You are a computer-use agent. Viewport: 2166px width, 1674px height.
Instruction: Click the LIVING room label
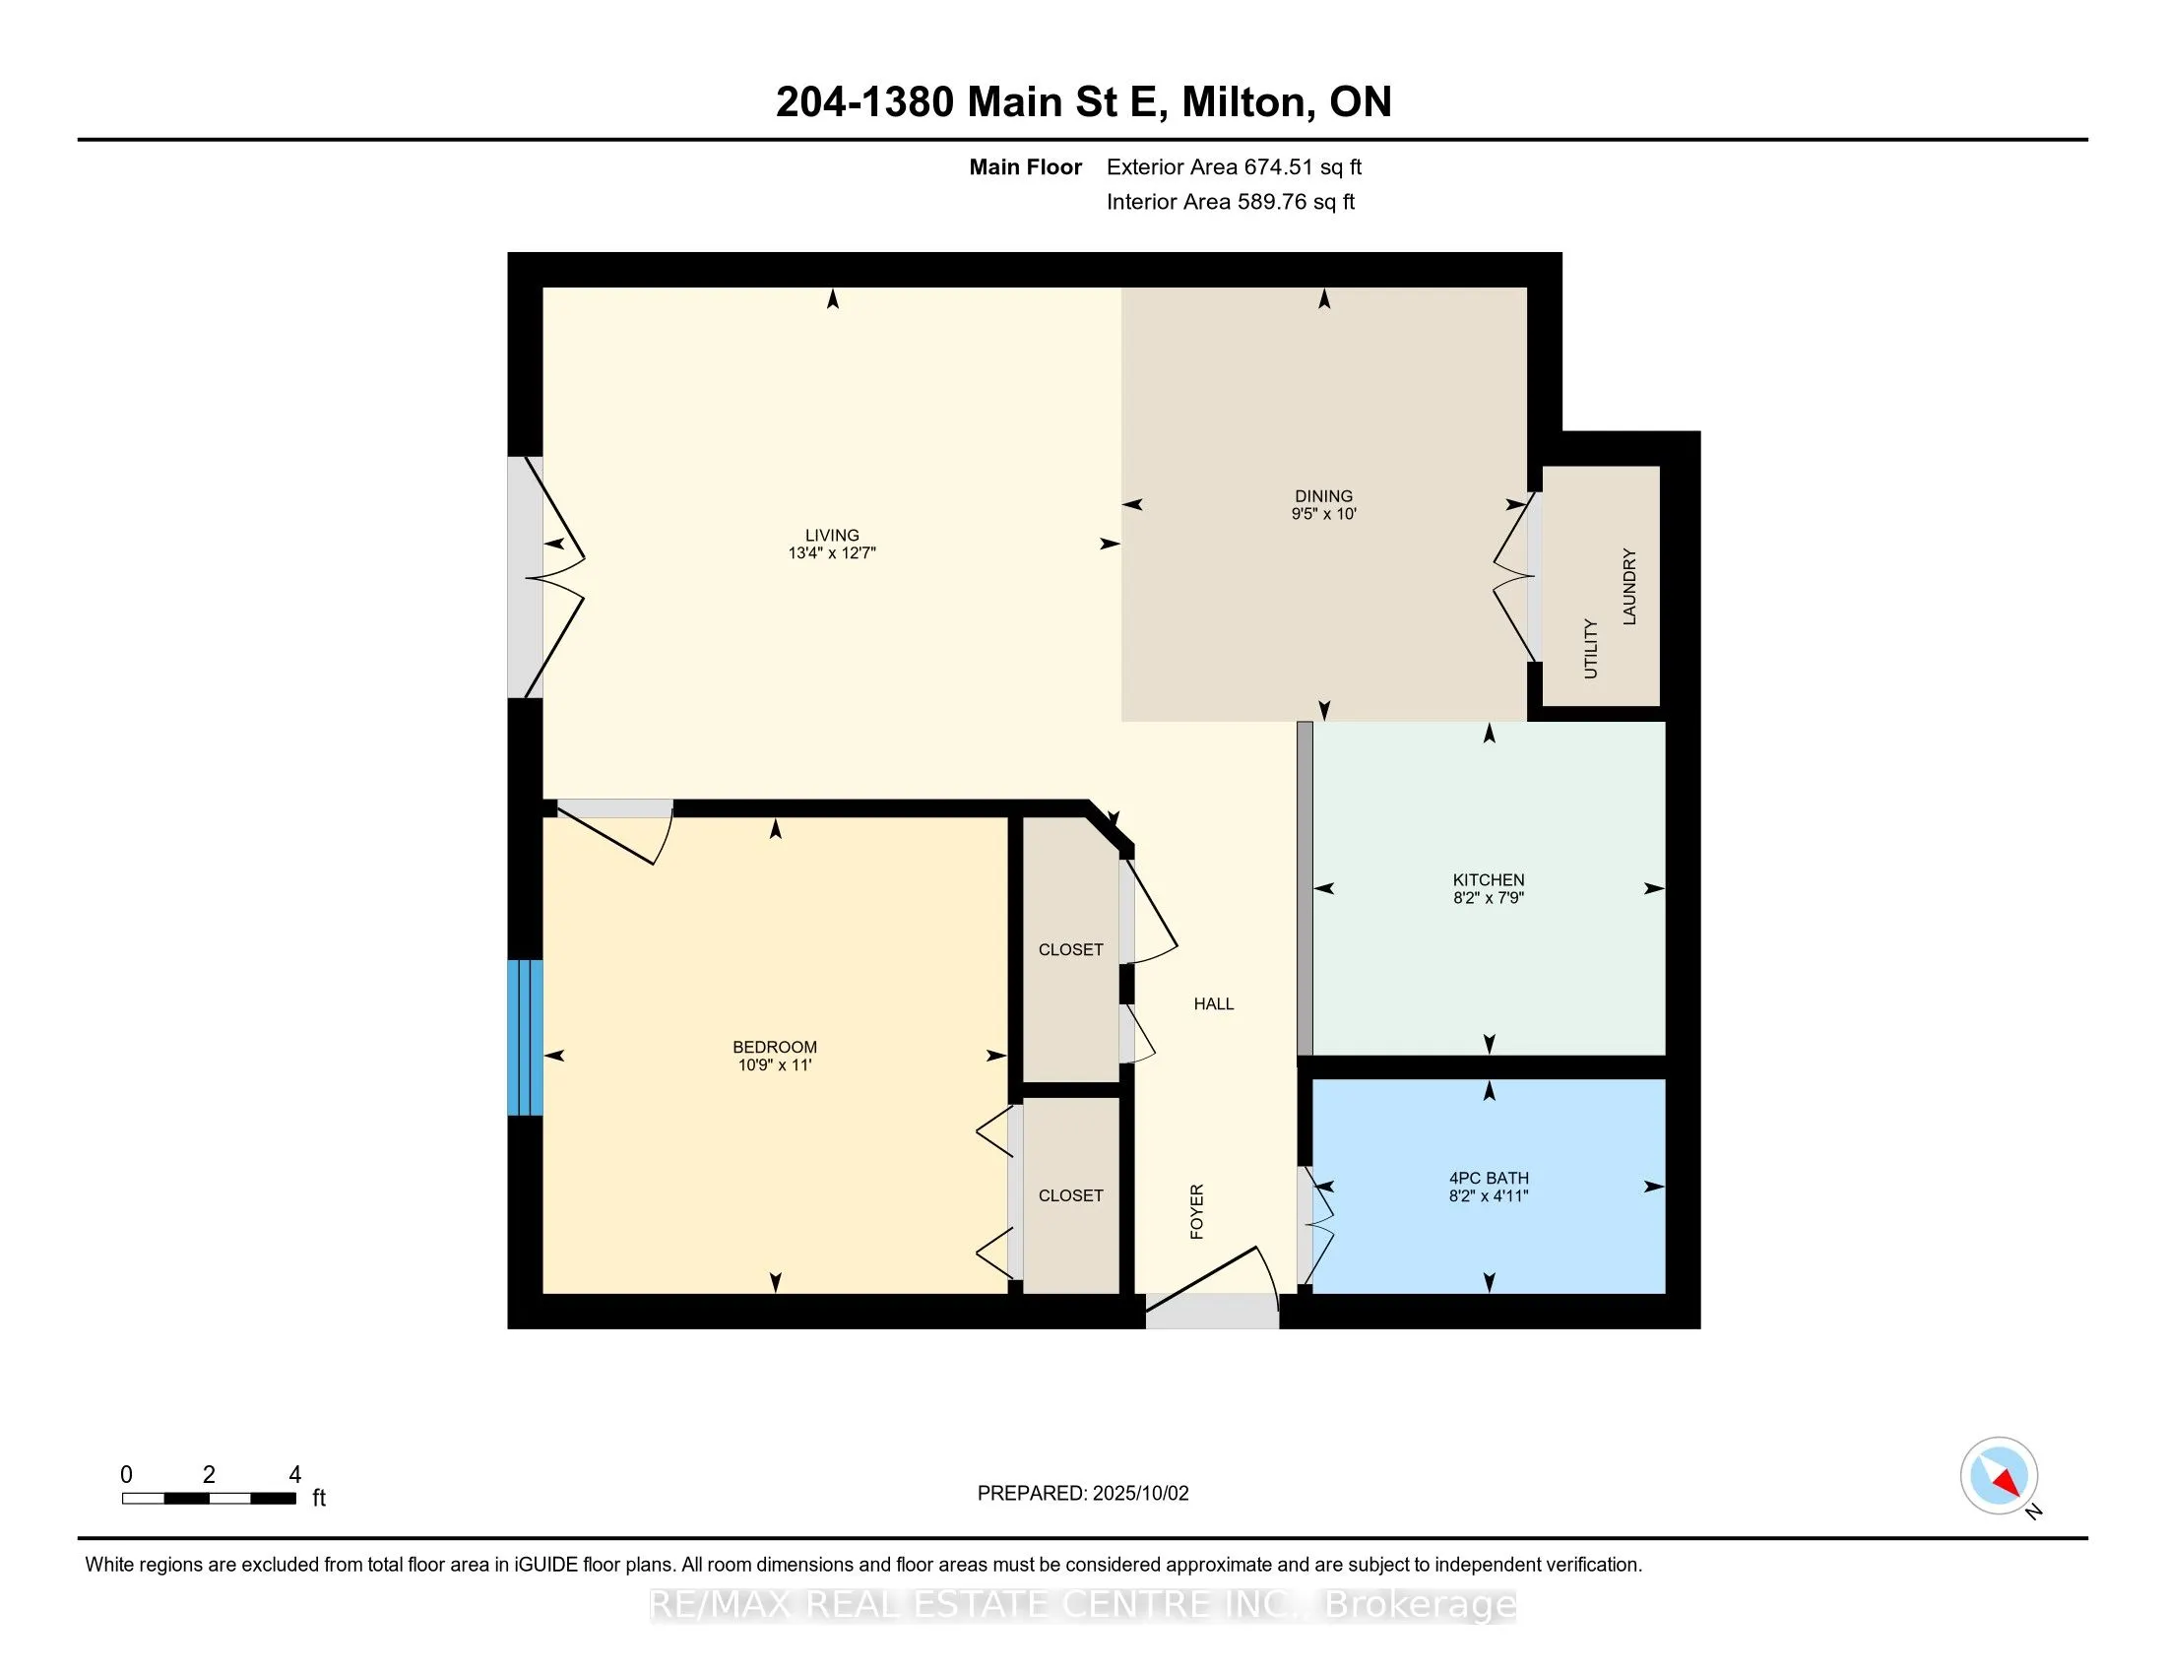tap(832, 535)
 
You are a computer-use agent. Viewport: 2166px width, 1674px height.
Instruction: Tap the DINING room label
tap(1323, 496)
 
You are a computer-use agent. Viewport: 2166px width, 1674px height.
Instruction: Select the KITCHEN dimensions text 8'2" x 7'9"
tap(1489, 897)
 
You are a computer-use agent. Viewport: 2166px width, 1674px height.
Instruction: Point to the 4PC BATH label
tap(1489, 1178)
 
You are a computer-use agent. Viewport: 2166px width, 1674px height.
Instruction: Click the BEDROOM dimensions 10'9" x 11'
tap(775, 1065)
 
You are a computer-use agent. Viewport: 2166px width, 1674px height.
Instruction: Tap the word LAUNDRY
tap(1628, 586)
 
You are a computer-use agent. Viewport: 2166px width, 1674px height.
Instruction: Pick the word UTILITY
tap(1591, 649)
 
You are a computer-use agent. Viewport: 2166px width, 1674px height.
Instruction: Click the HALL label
tap(1214, 1003)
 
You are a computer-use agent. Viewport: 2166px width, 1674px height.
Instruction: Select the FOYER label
tap(1197, 1211)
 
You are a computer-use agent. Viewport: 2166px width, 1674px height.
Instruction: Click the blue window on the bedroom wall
tap(525, 1037)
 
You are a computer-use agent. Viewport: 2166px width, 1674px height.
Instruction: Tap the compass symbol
tap(1999, 1475)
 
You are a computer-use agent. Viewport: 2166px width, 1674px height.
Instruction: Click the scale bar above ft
tap(210, 1499)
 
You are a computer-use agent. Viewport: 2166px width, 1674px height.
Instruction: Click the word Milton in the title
tap(1243, 102)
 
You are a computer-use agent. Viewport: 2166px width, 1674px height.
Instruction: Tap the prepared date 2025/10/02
tap(1140, 1493)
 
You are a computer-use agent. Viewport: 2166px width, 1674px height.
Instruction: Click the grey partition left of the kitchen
tap(1306, 888)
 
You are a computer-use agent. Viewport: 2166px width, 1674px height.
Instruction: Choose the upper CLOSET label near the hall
tap(1070, 949)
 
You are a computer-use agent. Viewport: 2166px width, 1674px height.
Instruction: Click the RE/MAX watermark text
tap(1083, 1603)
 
